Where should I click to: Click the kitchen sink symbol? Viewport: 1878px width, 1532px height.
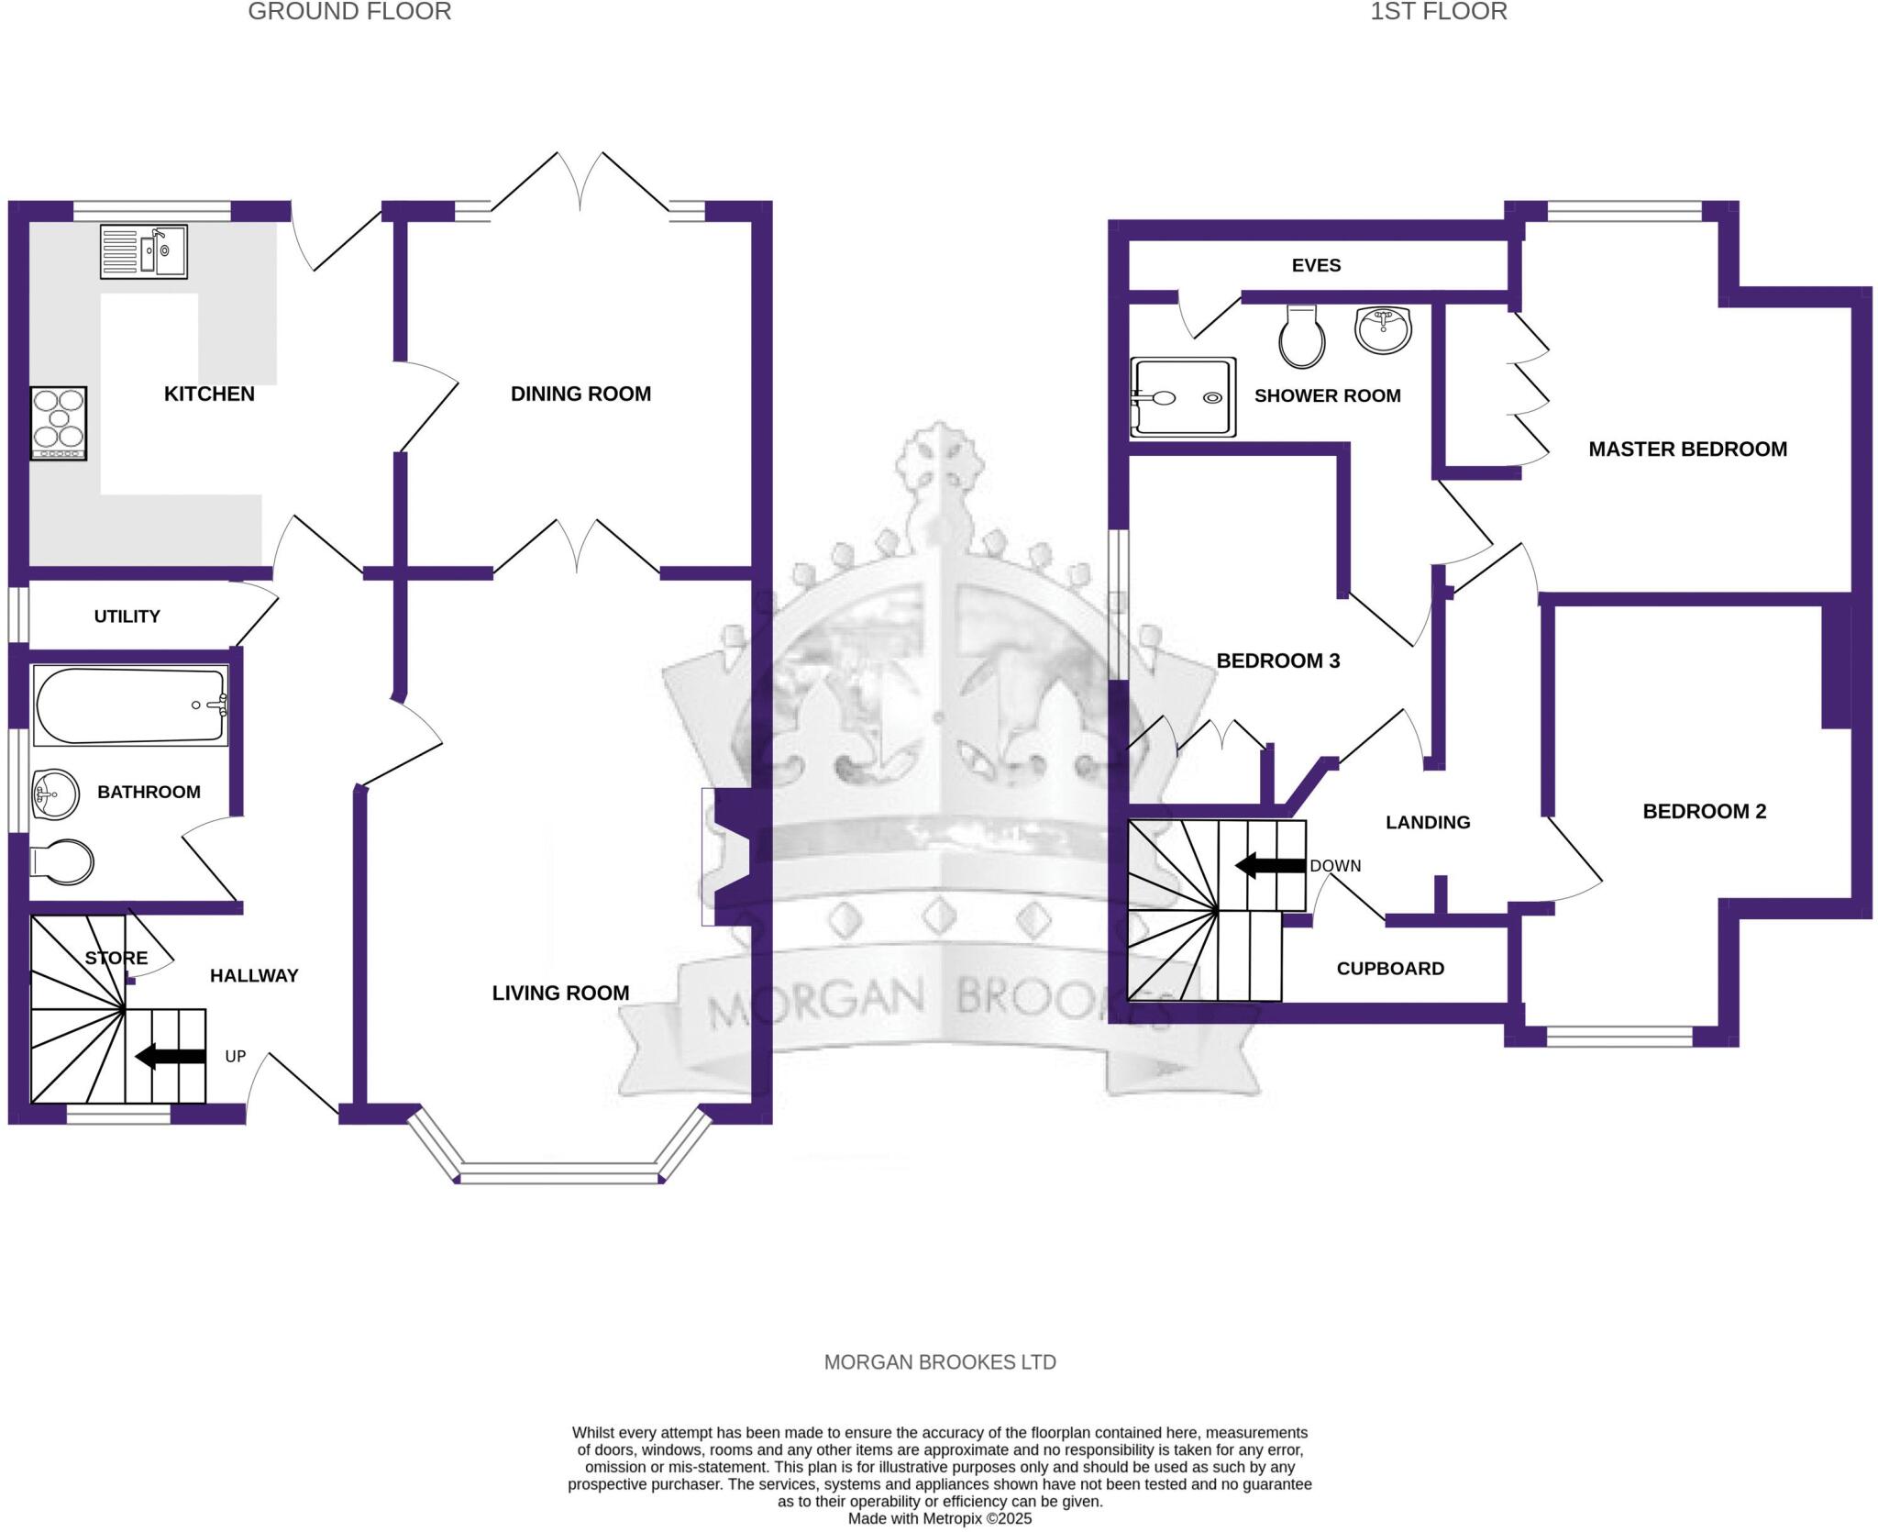point(144,251)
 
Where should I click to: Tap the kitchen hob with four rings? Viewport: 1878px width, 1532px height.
point(59,423)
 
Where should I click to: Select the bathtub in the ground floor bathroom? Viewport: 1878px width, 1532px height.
point(129,705)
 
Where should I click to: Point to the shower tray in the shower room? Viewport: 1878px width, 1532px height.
point(1182,397)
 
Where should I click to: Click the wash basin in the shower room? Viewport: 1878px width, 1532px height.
point(1383,329)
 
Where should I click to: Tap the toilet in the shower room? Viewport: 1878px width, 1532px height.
point(1302,337)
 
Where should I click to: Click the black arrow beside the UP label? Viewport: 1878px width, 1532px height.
point(171,1057)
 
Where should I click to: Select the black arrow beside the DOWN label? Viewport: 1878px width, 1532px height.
point(1270,865)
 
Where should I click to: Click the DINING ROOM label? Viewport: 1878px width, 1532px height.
point(580,394)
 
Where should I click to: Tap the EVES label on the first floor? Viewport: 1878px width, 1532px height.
point(1316,265)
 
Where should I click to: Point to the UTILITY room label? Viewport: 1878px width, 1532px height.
point(127,616)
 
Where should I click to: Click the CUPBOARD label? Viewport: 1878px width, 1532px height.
point(1390,969)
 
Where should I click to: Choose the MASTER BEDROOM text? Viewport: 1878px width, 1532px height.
point(1687,450)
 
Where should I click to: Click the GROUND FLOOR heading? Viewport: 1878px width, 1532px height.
point(349,12)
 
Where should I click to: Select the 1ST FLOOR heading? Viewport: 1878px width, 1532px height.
point(1438,12)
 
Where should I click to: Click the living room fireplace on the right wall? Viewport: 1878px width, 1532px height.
point(729,857)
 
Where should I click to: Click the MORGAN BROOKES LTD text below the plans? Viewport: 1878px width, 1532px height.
point(940,1363)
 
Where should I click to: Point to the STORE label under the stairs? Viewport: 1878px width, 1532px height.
point(116,959)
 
